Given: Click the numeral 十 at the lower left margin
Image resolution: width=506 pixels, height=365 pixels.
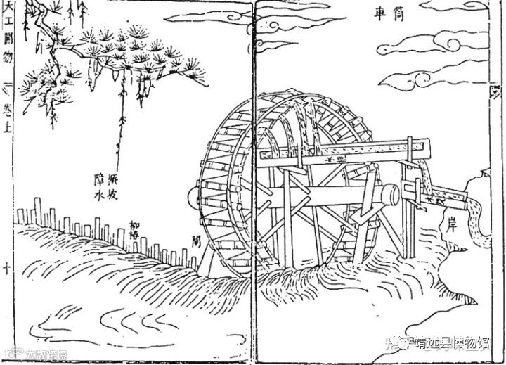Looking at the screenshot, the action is coord(8,269).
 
